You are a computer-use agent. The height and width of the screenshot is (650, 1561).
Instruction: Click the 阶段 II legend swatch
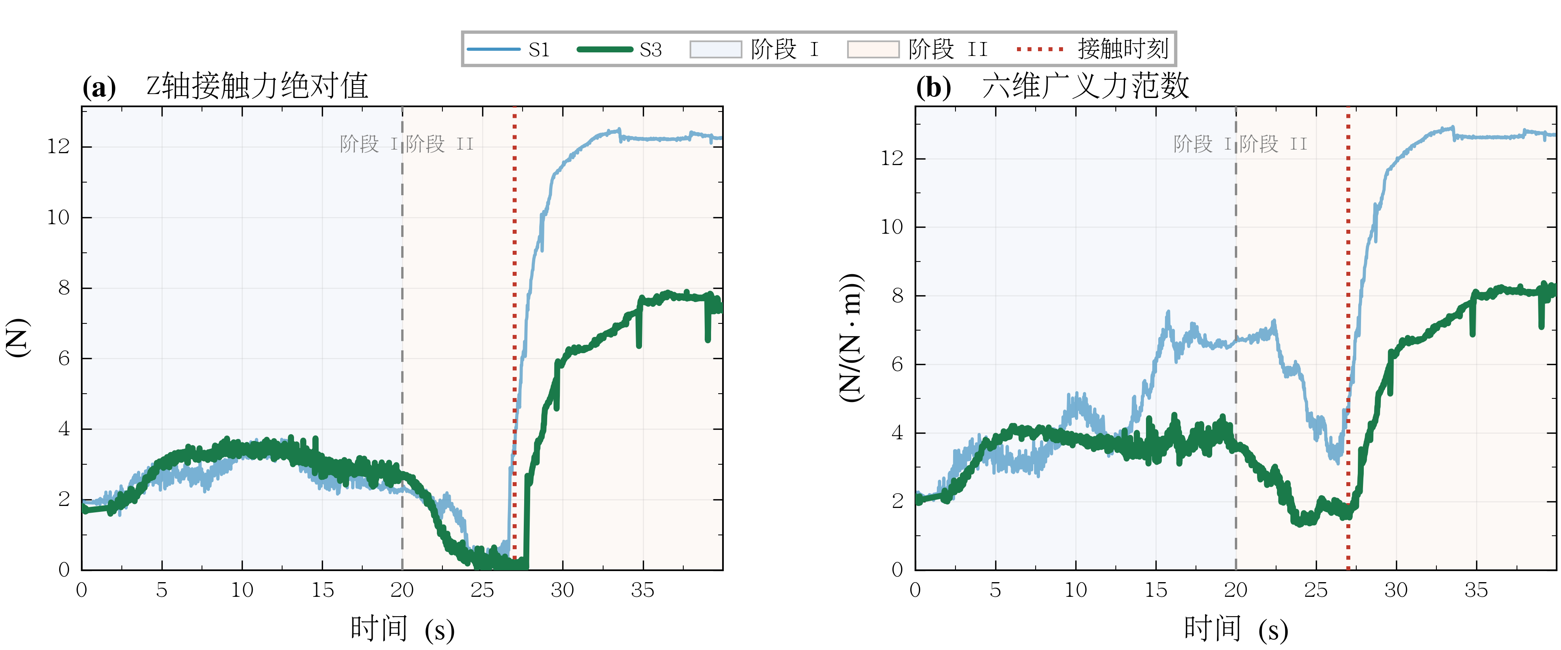(x=873, y=49)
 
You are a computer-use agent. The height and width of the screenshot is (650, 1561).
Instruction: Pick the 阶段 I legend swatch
(x=716, y=49)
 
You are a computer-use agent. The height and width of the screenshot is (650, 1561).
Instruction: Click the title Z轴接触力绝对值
(x=258, y=86)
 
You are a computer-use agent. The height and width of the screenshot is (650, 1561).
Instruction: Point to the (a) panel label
(x=99, y=87)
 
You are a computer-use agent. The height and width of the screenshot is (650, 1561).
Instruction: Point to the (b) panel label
(x=933, y=87)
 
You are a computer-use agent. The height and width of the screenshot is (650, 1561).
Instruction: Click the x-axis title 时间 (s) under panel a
(x=402, y=629)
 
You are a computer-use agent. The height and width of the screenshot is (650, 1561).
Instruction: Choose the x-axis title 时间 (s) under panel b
(x=1236, y=629)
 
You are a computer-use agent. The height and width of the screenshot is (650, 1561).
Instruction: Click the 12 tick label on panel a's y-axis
(x=58, y=146)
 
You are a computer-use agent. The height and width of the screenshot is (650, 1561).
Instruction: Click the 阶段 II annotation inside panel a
(x=439, y=144)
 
